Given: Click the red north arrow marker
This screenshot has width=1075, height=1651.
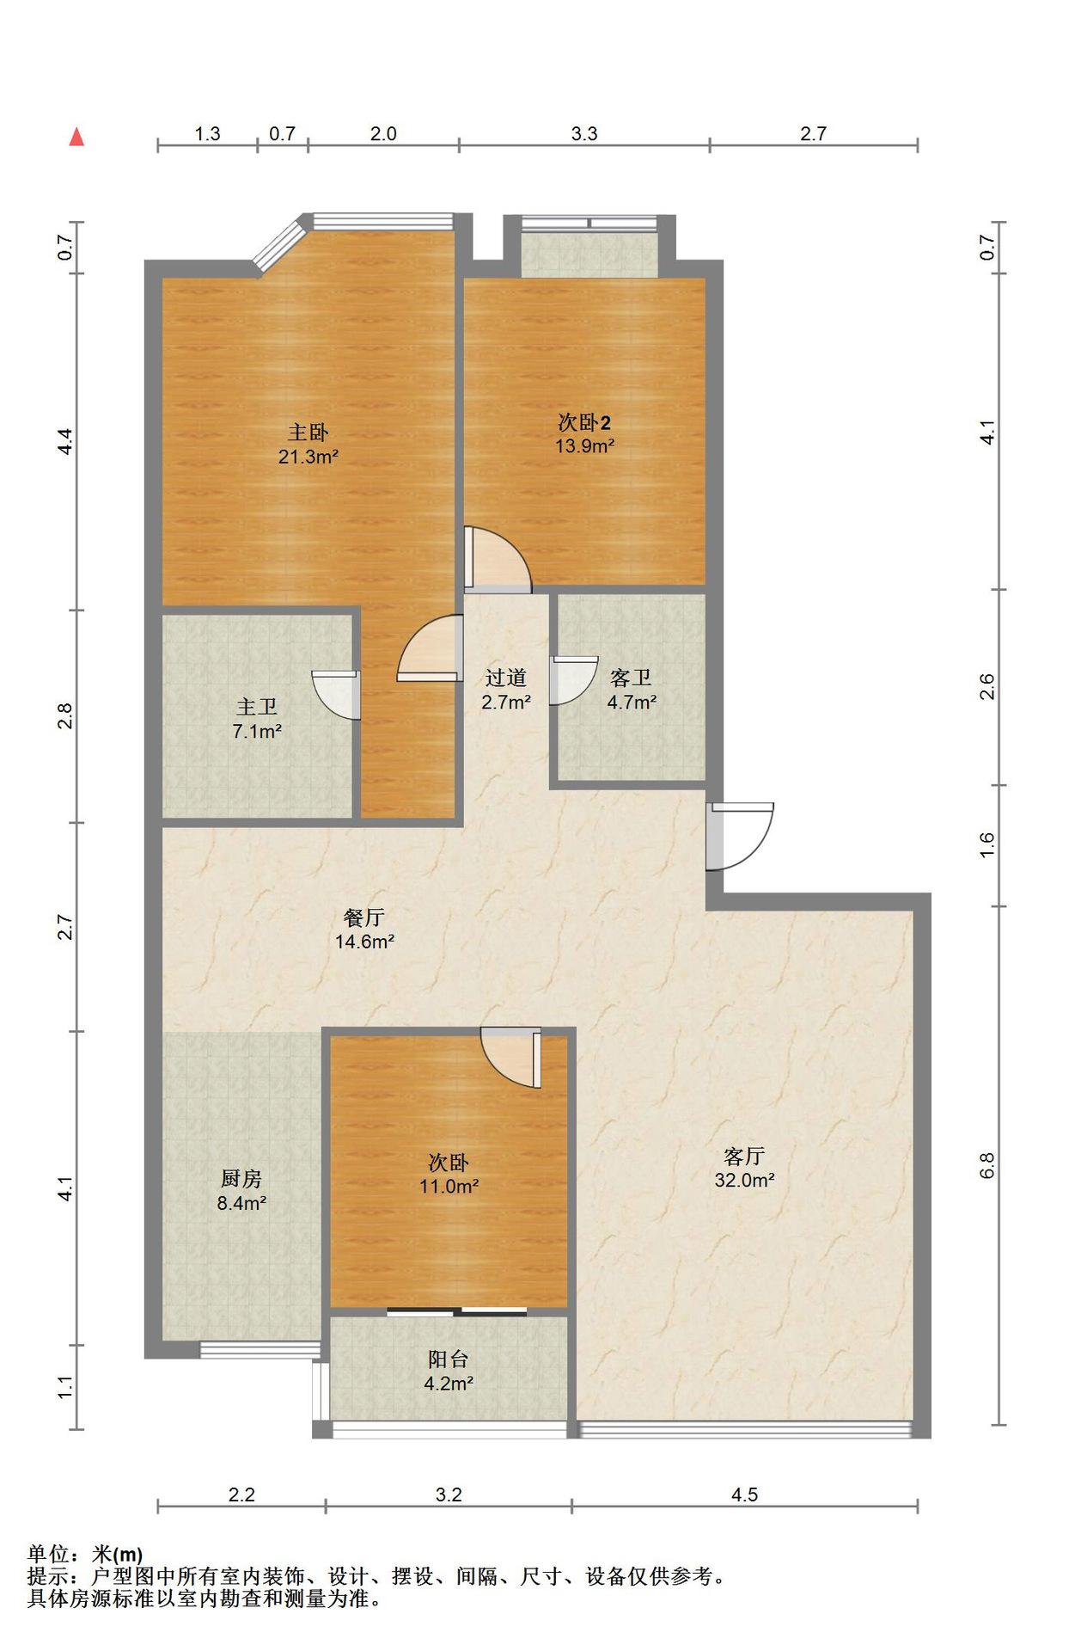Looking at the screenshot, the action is [x=76, y=137].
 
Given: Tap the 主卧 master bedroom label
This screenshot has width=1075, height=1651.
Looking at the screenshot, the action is [x=308, y=432].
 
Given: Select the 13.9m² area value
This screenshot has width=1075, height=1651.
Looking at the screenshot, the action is [x=584, y=446].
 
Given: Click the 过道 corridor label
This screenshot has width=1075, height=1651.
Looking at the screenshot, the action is [x=505, y=678].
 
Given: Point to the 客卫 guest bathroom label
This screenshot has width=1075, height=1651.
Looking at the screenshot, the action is [x=631, y=678].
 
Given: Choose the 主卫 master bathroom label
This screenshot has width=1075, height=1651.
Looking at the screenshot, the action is [x=257, y=707].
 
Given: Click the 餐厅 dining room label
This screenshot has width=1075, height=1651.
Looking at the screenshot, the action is [x=364, y=918].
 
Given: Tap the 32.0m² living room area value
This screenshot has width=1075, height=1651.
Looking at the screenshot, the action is [x=744, y=1181].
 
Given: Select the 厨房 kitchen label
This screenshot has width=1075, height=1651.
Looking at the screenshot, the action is [x=241, y=1179].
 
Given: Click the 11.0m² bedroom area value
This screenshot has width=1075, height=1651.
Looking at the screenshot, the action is [x=449, y=1186].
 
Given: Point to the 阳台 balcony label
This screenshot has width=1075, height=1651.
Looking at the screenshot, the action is [x=449, y=1359].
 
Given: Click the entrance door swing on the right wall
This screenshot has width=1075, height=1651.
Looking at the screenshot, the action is [x=740, y=837].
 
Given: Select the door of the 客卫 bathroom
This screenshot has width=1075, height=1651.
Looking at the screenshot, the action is [x=573, y=680].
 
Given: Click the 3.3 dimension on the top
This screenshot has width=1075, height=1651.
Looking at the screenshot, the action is [x=584, y=134].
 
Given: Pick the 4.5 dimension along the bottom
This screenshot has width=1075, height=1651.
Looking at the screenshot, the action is [x=744, y=1494].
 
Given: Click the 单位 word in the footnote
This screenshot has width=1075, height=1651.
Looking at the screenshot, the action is [x=49, y=1554].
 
